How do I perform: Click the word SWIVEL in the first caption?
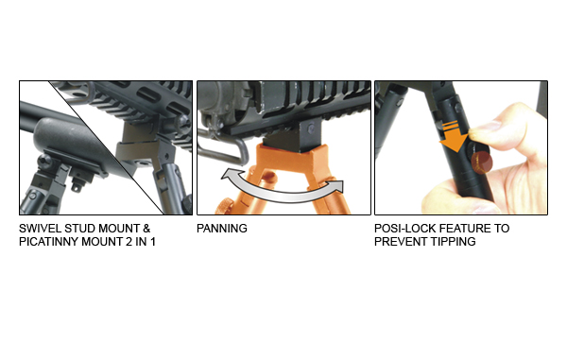point(39,230)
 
